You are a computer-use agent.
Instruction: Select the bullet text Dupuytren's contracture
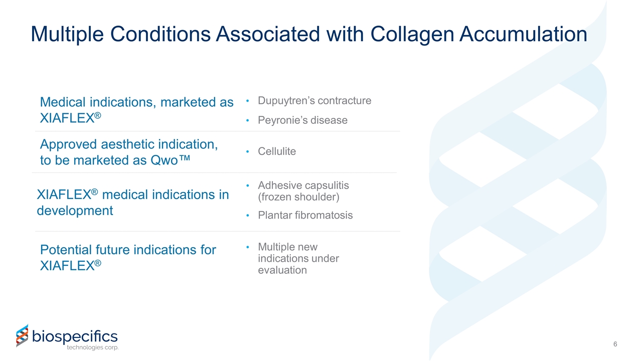click(314, 101)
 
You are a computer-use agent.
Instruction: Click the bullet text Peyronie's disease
click(302, 120)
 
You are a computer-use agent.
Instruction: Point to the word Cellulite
click(276, 151)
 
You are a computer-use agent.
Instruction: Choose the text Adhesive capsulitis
click(303, 186)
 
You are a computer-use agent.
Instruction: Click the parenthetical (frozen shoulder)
click(298, 197)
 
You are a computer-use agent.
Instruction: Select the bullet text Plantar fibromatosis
click(305, 216)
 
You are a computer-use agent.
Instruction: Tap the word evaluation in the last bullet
click(282, 270)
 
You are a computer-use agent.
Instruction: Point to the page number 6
click(615, 344)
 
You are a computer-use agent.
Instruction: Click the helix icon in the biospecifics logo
click(22, 335)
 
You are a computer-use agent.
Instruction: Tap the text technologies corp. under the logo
click(93, 348)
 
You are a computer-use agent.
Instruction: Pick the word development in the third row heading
click(75, 211)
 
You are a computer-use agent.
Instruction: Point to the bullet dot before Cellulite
click(248, 151)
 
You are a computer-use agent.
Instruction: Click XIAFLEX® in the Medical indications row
click(70, 119)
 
